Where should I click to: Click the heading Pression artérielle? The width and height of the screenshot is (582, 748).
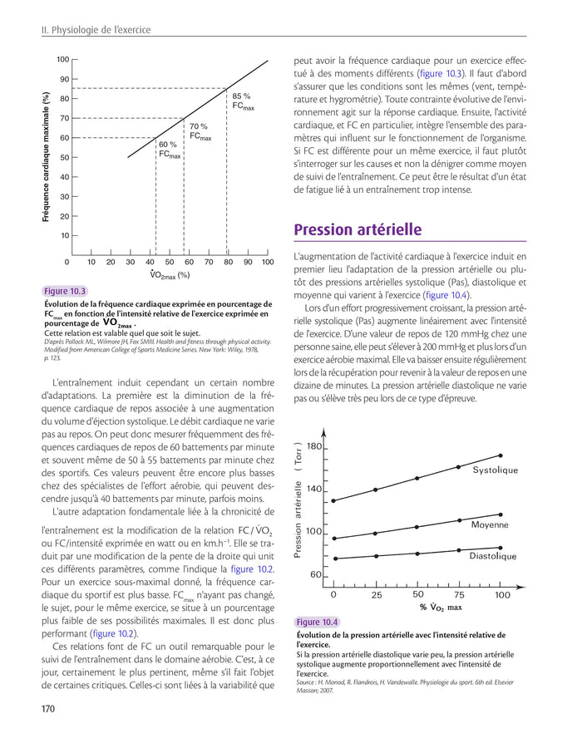[358, 230]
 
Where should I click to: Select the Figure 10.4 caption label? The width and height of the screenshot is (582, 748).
[318, 623]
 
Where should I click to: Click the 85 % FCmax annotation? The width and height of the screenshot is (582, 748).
[243, 101]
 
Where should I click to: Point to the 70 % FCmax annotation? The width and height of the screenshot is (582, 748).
[200, 131]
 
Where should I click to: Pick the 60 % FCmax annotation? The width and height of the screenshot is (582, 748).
[169, 150]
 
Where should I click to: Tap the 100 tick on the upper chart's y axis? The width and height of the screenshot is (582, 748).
[62, 60]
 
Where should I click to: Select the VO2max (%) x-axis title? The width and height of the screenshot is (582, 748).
[170, 275]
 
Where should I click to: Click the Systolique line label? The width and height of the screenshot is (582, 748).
[495, 470]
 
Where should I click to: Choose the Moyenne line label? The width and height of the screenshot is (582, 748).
[489, 525]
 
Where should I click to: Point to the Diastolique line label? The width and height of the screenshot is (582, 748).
[492, 556]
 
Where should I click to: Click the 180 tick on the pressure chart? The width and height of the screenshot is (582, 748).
[313, 447]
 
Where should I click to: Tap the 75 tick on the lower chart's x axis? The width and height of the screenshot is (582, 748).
[460, 595]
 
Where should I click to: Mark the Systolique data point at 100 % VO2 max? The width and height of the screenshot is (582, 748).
[501, 455]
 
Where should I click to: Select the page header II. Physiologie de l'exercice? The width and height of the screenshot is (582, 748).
[96, 31]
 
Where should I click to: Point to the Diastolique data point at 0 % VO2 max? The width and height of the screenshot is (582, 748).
[334, 559]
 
